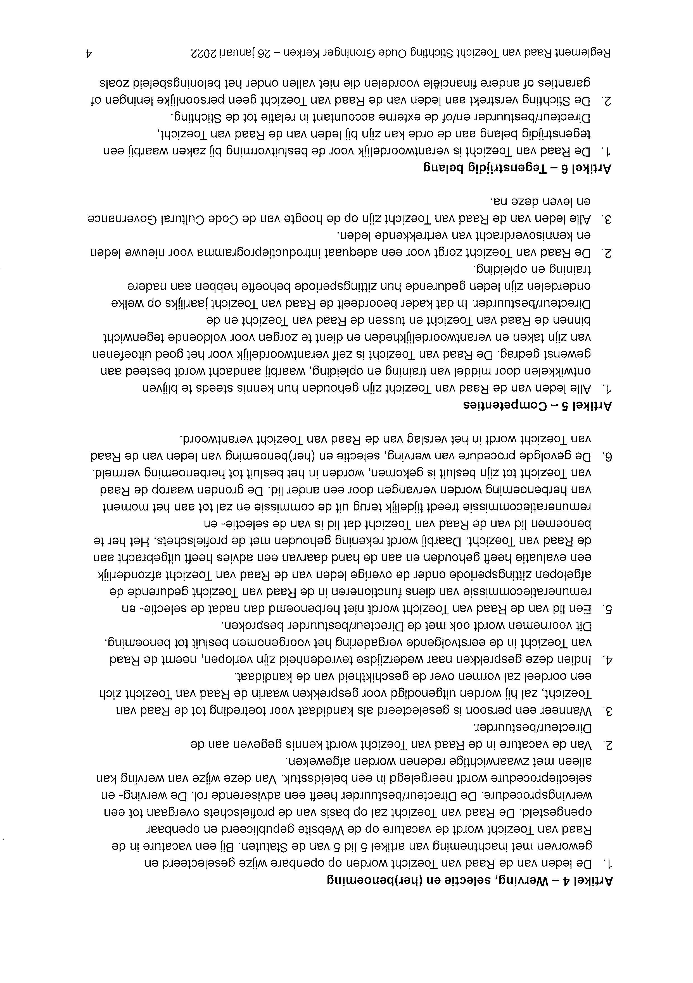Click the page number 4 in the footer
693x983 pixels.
point(89,53)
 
